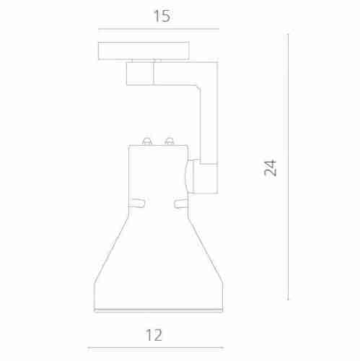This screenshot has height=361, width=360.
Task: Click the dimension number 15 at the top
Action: (x=162, y=16)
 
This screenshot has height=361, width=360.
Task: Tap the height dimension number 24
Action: (x=270, y=168)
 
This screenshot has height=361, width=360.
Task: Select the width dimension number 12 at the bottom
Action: (x=154, y=334)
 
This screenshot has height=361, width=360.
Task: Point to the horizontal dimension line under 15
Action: (x=158, y=30)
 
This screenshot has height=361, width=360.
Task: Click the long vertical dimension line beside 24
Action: (x=288, y=166)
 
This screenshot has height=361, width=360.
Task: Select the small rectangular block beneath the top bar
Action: (x=139, y=74)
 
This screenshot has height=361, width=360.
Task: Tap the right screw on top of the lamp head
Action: (x=170, y=140)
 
